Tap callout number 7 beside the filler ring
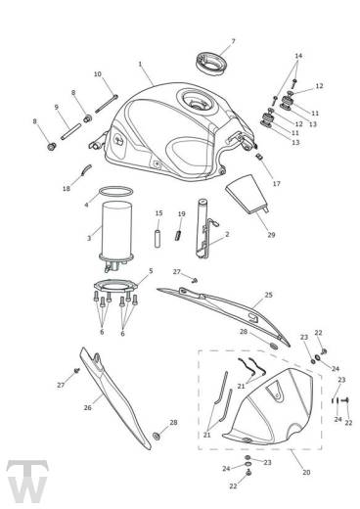(x=233, y=41)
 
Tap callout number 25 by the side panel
(x=269, y=293)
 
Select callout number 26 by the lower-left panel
(x=87, y=407)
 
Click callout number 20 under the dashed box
(x=279, y=473)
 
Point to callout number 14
(x=298, y=56)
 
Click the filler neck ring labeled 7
(x=208, y=61)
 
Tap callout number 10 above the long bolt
(x=97, y=73)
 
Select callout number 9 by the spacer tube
(x=56, y=107)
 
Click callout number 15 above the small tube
(x=157, y=212)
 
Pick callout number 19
(x=182, y=213)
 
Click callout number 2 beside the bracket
(x=227, y=235)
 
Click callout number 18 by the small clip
(x=66, y=188)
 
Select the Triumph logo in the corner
(x=21, y=480)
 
